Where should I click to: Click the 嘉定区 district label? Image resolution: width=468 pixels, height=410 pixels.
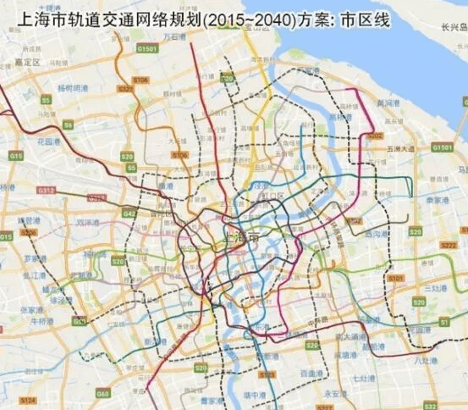click(28, 62)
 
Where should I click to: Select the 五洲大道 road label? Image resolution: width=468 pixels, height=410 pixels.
click(398, 149)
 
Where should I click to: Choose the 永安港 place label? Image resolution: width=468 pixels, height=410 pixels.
click(336, 392)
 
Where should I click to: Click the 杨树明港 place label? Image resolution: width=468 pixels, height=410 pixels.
click(71, 88)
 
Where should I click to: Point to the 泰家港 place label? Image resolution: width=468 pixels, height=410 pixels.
click(437, 200)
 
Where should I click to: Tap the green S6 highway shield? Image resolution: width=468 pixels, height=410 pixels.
click(68, 125)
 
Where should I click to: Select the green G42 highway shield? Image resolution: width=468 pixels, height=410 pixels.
click(129, 215)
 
